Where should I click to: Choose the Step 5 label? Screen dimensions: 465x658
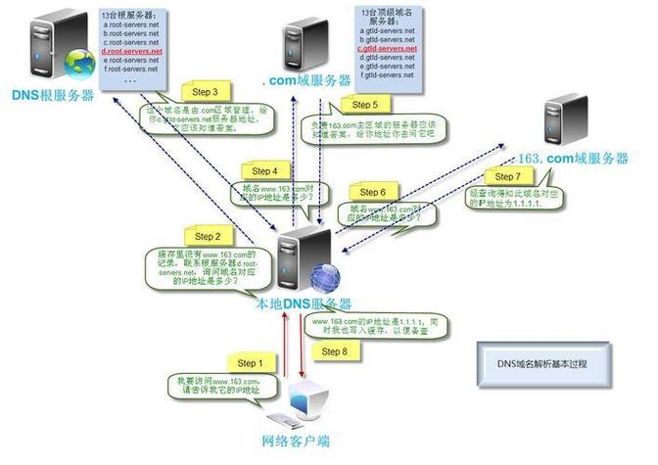(363, 104)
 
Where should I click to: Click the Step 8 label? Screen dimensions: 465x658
(333, 350)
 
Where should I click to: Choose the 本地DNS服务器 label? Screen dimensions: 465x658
(303, 303)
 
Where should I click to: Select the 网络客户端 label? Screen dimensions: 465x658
(297, 442)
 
